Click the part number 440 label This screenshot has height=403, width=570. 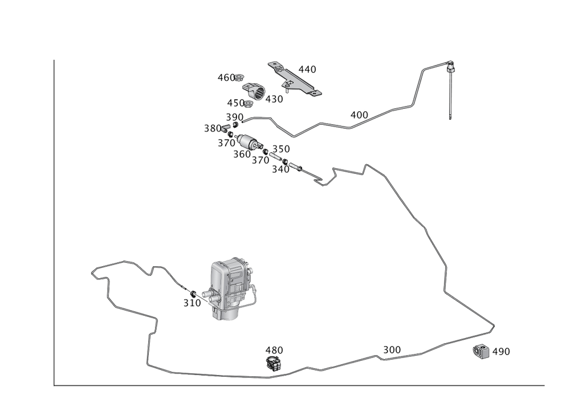click(307, 70)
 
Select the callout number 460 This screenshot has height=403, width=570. click(226, 77)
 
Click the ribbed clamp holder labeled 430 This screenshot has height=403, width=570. click(256, 91)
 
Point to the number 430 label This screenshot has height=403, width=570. click(274, 99)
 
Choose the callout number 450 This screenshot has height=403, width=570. click(236, 103)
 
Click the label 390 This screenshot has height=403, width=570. click(234, 116)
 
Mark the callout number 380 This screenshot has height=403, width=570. click(213, 128)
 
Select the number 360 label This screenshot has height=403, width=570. click(242, 154)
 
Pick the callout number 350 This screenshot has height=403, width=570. click(281, 149)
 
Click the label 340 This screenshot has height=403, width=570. click(280, 169)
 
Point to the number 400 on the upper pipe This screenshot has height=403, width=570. click(359, 115)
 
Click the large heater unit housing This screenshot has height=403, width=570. click(229, 285)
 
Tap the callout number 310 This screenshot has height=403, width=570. click(192, 303)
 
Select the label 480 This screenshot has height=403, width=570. click(274, 349)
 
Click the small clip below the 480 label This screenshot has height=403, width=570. click(274, 363)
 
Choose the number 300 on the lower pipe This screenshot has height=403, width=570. click(392, 349)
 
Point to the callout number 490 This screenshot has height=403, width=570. click(500, 352)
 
